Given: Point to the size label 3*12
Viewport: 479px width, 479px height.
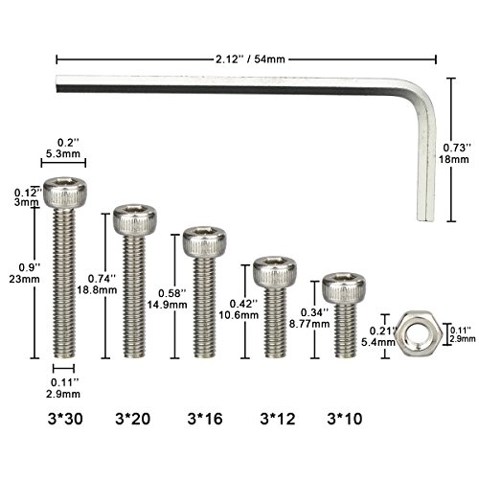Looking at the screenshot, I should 277,419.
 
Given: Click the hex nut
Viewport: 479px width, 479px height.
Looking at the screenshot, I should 408,331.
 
